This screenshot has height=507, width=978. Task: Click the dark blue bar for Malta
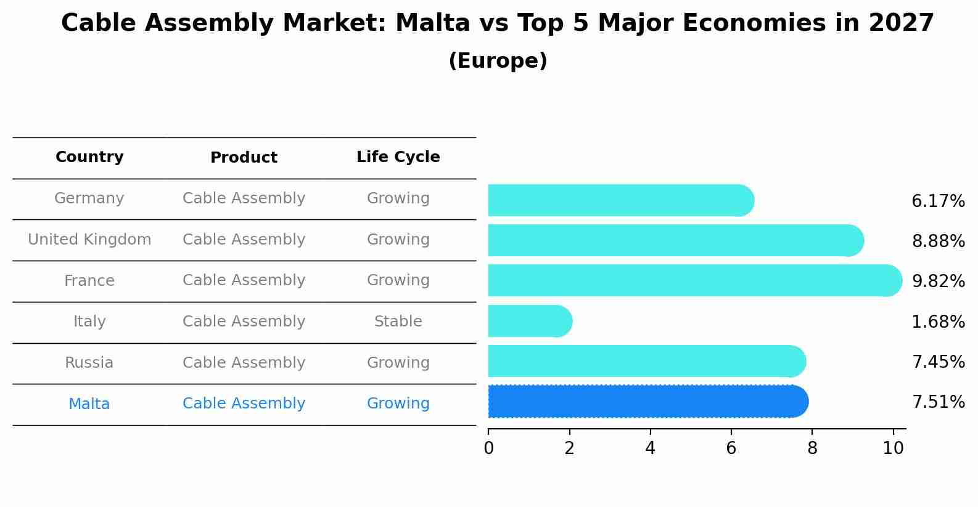coord(647,402)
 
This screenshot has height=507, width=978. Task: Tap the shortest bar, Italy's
coord(529,321)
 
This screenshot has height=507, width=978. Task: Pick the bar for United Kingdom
coord(675,240)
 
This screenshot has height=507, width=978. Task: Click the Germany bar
coord(620,200)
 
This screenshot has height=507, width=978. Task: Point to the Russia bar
coord(646,361)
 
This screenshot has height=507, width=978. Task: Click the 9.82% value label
coord(938,282)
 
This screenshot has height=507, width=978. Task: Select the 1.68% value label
coord(938,322)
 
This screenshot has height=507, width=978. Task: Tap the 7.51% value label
coord(938,402)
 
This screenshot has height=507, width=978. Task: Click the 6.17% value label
coord(938,201)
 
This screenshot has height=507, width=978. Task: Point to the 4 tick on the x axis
coord(650,448)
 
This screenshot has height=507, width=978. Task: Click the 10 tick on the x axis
coord(893,448)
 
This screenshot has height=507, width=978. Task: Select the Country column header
coord(89,157)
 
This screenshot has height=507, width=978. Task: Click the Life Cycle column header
coord(398,157)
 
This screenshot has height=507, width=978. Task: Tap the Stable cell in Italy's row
coord(398,322)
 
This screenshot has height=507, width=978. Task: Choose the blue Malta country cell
coord(89,404)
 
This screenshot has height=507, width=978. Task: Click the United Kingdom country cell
coord(89,240)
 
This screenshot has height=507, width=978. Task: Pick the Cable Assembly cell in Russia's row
coord(244,363)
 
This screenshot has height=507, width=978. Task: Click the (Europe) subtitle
coord(498,61)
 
